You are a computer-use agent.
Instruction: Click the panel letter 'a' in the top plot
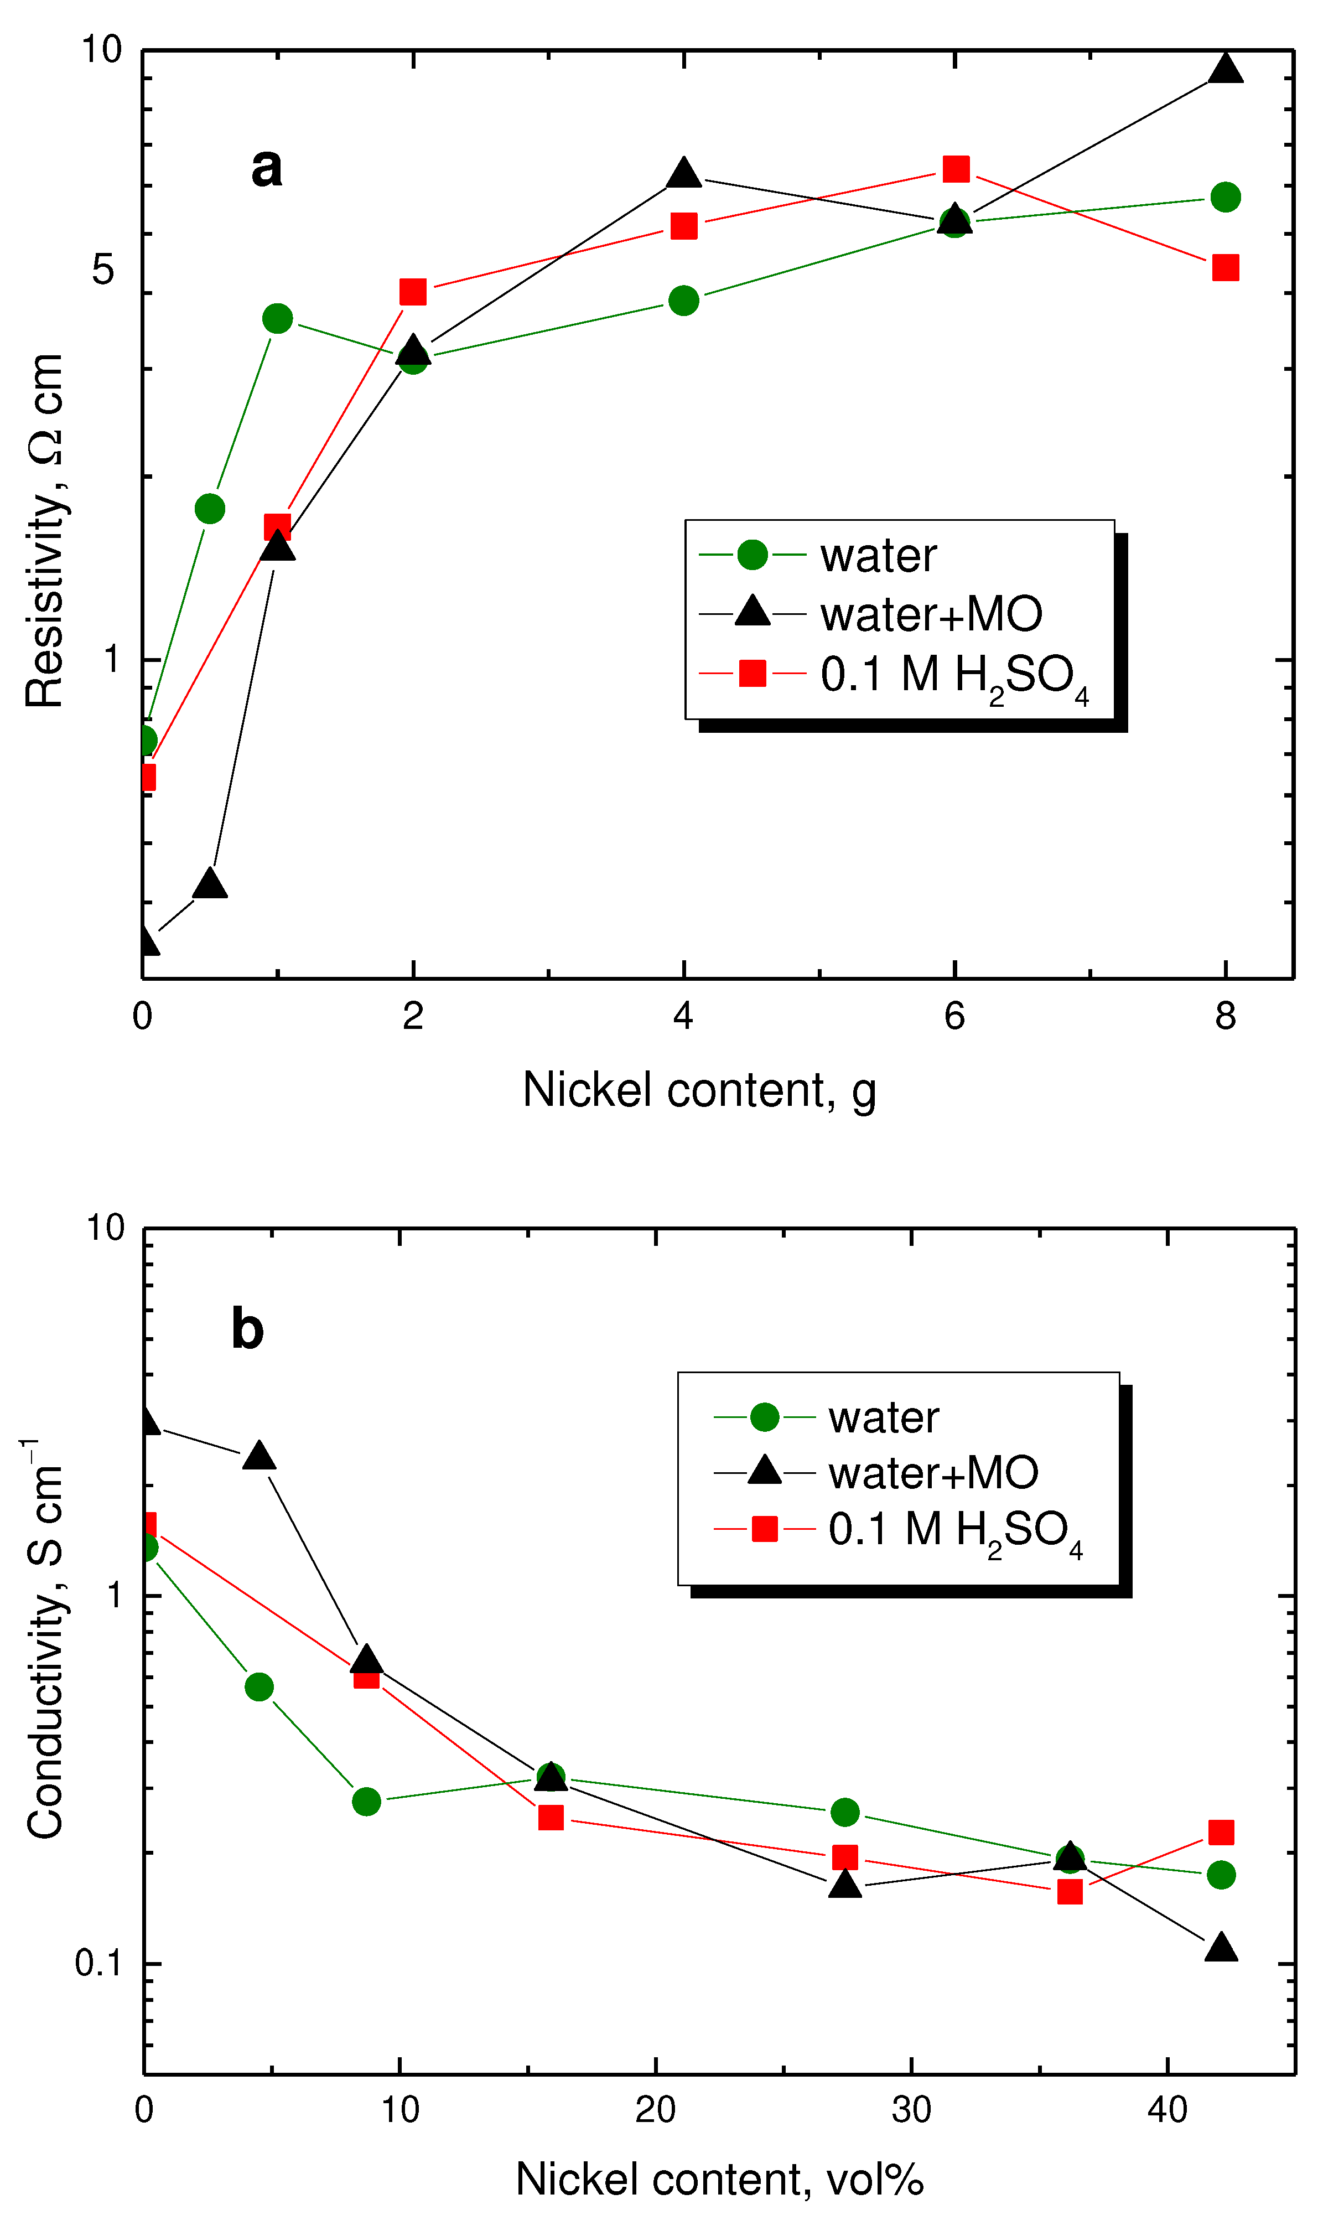[x=267, y=167]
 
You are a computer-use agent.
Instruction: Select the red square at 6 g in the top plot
[x=956, y=169]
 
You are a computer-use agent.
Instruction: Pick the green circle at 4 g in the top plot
[x=683, y=300]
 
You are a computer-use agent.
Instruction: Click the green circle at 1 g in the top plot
[x=278, y=318]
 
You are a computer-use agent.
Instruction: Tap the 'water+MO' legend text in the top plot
[x=931, y=614]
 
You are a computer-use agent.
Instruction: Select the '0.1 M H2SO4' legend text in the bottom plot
[x=955, y=1529]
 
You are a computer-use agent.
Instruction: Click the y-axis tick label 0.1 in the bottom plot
[x=98, y=1963]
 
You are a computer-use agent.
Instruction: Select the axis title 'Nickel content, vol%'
[x=719, y=2180]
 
